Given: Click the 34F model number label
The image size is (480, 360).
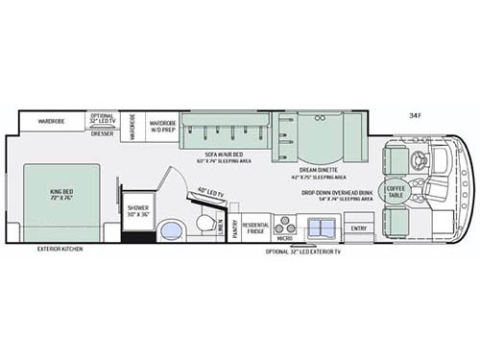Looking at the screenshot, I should click(415, 115).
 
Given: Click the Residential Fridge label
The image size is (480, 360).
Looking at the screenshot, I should click(255, 227).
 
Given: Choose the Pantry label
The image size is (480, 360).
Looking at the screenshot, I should click(233, 230).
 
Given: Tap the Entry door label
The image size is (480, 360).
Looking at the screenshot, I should click(357, 228).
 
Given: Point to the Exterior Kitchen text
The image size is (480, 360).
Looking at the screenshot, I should click(60, 249).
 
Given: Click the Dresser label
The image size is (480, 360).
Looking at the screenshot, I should click(102, 133).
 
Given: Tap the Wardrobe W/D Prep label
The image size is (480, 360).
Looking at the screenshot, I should click(162, 126).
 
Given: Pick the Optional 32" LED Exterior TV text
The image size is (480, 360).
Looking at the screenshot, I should click(301, 252).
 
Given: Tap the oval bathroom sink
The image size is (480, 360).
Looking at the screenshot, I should click(172, 230).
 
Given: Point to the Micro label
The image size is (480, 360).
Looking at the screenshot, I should click(284, 239).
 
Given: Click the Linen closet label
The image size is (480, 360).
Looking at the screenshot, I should click(220, 227).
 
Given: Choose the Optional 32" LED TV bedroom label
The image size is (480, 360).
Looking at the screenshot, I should click(102, 119).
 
